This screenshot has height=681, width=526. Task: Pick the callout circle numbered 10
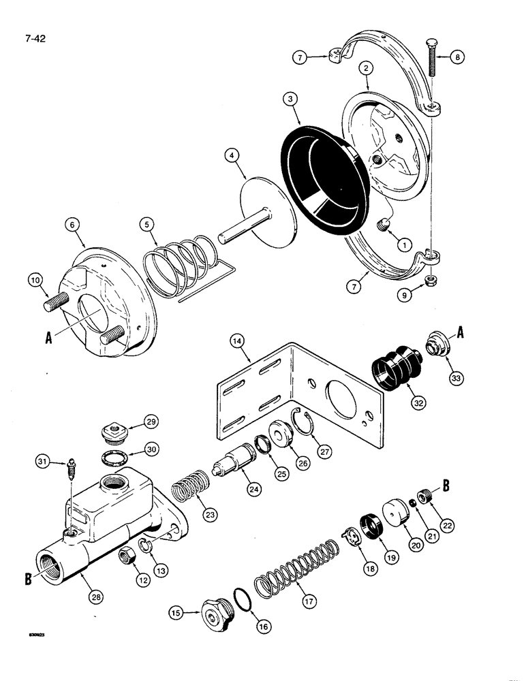tap(35, 279)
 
